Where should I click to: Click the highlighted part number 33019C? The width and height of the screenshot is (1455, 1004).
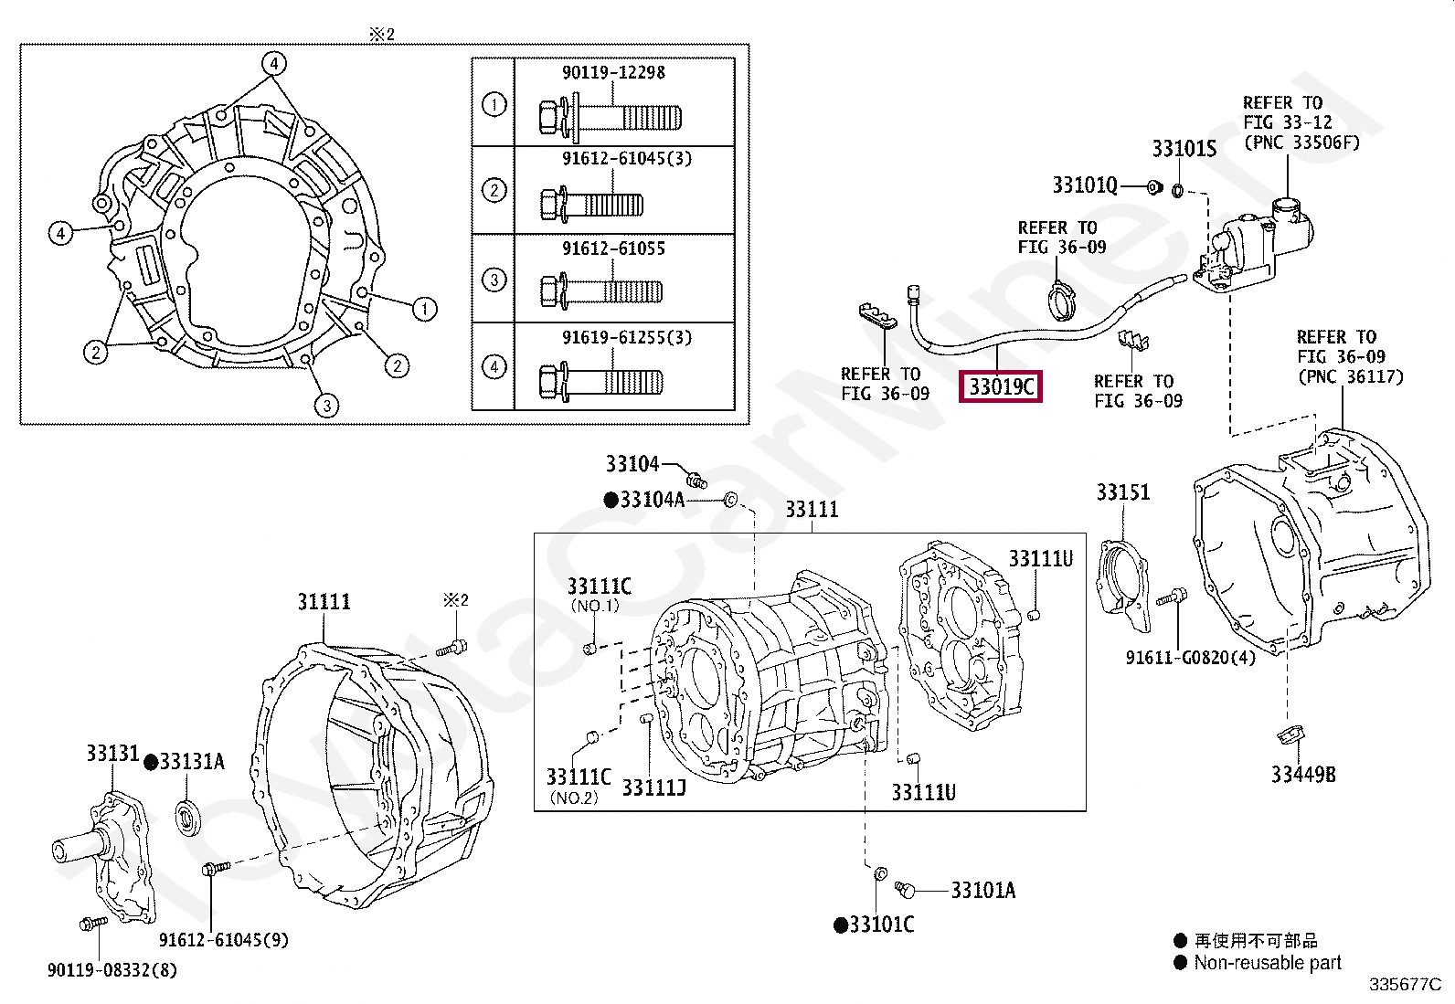point(1001,387)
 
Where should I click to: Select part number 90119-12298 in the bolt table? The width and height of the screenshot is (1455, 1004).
point(614,72)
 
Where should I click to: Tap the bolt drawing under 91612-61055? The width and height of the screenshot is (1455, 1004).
point(601,291)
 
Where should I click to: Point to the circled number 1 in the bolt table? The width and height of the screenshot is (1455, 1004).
point(494,104)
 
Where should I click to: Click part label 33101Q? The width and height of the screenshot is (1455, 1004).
point(1085,185)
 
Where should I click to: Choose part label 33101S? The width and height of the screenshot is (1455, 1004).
point(1184,149)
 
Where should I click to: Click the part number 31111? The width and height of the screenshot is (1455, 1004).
point(324,601)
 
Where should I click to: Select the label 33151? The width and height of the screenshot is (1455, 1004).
point(1123,492)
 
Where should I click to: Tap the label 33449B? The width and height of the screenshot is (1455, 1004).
point(1303,774)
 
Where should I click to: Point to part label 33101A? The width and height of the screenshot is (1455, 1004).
point(983,891)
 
